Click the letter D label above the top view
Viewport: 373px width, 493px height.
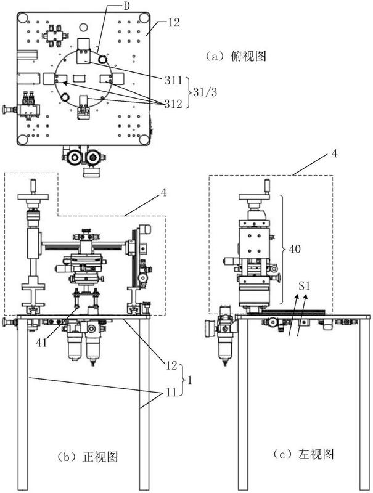[x=126, y=6]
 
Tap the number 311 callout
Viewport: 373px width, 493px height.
[x=174, y=80]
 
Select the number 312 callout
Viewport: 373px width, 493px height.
[x=173, y=104]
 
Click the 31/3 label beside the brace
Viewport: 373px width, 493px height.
[x=205, y=92]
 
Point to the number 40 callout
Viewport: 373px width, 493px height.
[x=294, y=249]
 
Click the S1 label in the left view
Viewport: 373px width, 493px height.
[x=304, y=286]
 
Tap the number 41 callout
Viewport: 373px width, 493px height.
[x=41, y=343]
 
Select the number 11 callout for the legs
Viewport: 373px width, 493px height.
[x=171, y=393]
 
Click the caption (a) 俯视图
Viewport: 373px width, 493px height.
[x=236, y=56]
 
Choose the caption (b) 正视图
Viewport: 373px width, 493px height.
[x=88, y=456]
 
